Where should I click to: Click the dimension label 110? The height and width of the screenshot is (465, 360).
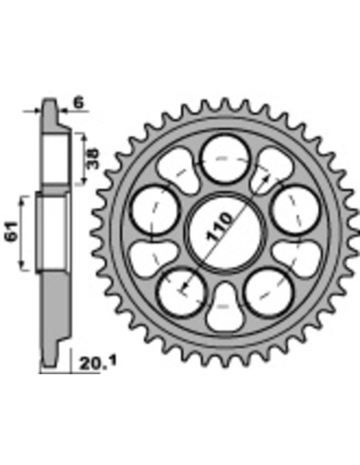[221, 226]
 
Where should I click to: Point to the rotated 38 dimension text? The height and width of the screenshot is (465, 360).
[93, 159]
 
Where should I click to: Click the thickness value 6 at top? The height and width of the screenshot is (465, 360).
[79, 103]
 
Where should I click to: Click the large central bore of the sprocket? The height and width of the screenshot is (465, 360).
[225, 232]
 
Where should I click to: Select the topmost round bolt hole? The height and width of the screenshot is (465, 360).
[225, 159]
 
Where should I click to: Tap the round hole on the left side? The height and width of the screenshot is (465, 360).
[156, 209]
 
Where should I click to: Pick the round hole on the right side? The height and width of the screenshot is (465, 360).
[295, 209]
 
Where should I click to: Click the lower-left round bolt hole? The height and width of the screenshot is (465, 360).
[182, 291]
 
